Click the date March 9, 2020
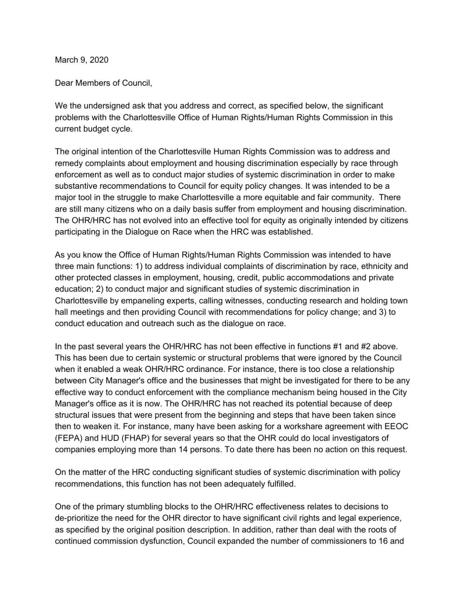coord(82,60)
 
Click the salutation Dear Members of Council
coord(103,83)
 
